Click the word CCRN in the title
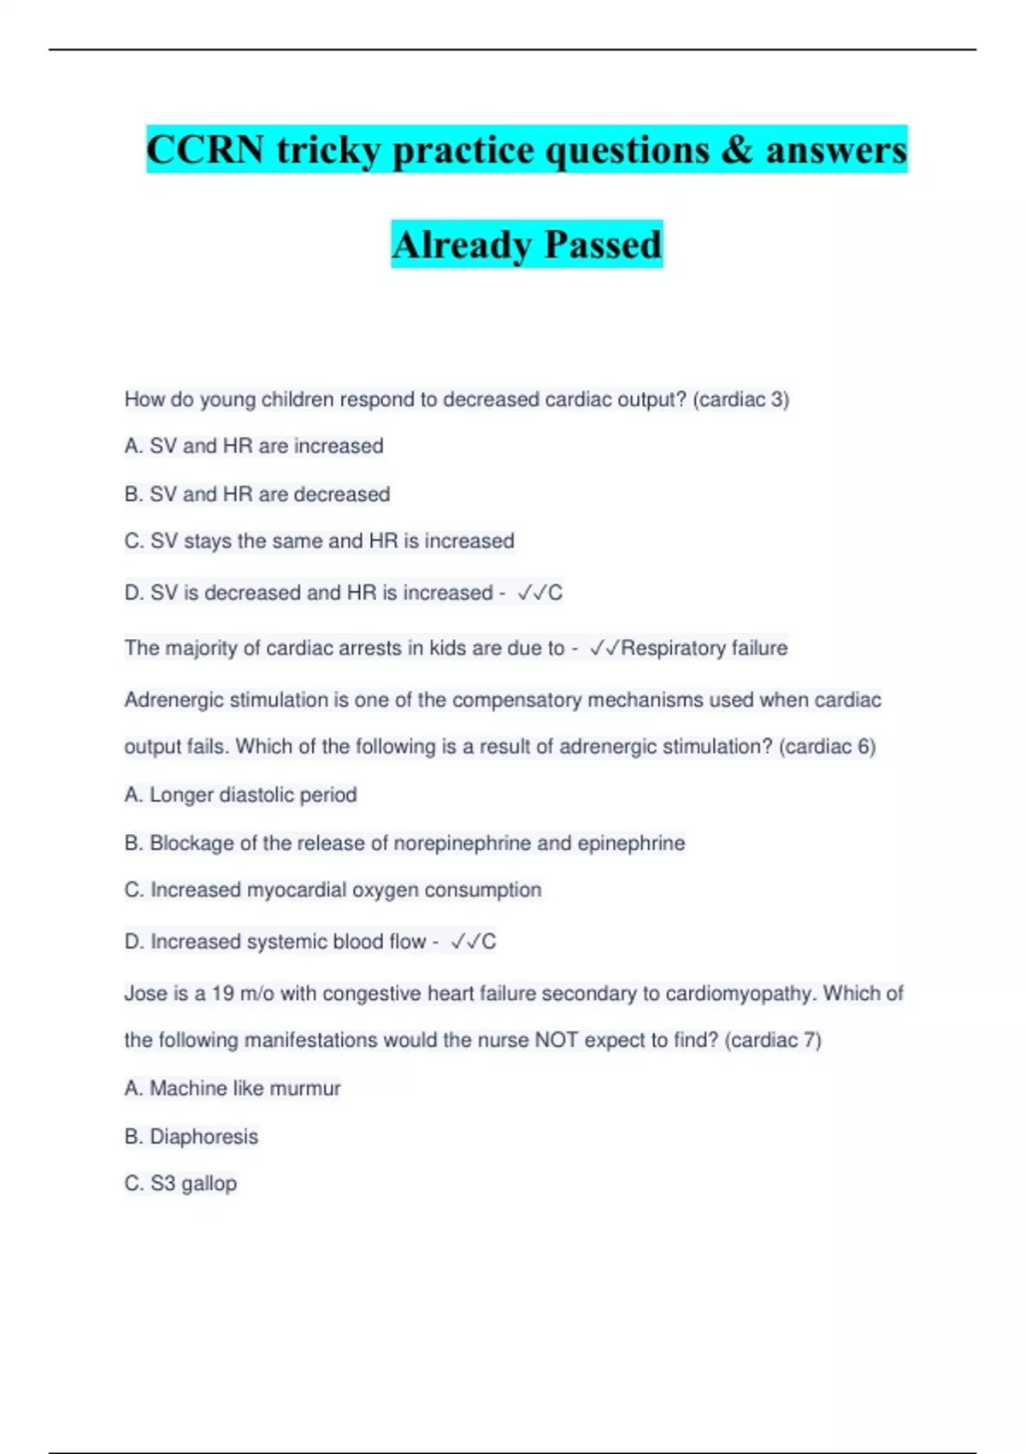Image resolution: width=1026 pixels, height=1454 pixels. tap(204, 150)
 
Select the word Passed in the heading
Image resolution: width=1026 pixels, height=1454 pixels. tap(603, 245)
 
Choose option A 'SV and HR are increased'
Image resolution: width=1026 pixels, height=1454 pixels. tap(254, 446)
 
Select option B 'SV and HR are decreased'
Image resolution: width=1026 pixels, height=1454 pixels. tap(257, 494)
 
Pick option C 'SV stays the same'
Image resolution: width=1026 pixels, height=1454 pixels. tap(319, 541)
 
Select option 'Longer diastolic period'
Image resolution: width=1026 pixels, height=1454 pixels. tap(240, 795)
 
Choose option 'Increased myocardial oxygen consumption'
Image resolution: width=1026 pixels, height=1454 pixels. tap(333, 890)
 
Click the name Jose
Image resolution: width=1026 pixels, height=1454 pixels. tap(145, 994)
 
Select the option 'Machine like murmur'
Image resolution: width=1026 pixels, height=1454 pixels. tap(233, 1089)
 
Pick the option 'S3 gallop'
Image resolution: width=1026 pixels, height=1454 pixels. tap(180, 1184)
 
